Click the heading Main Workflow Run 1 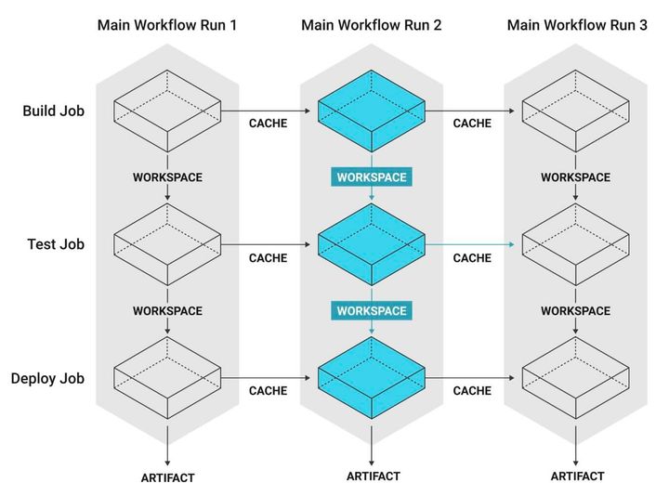click(x=167, y=25)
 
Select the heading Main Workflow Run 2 click(x=372, y=25)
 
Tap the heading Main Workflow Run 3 click(x=577, y=25)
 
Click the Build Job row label click(x=54, y=111)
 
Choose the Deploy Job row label click(x=48, y=378)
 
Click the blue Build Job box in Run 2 click(x=372, y=111)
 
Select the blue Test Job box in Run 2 click(x=372, y=245)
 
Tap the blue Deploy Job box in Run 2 click(x=372, y=378)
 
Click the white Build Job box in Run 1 click(x=167, y=111)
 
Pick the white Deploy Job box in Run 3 click(x=577, y=378)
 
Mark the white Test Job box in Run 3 click(x=577, y=245)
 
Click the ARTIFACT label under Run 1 click(x=167, y=477)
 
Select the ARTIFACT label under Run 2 click(x=373, y=476)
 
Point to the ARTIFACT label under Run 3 click(x=577, y=476)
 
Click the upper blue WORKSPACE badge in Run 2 click(x=372, y=176)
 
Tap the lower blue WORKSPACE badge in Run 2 click(x=372, y=309)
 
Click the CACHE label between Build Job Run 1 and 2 click(x=268, y=124)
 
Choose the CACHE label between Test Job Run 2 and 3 click(x=472, y=257)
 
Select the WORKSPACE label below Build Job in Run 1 click(x=167, y=176)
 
